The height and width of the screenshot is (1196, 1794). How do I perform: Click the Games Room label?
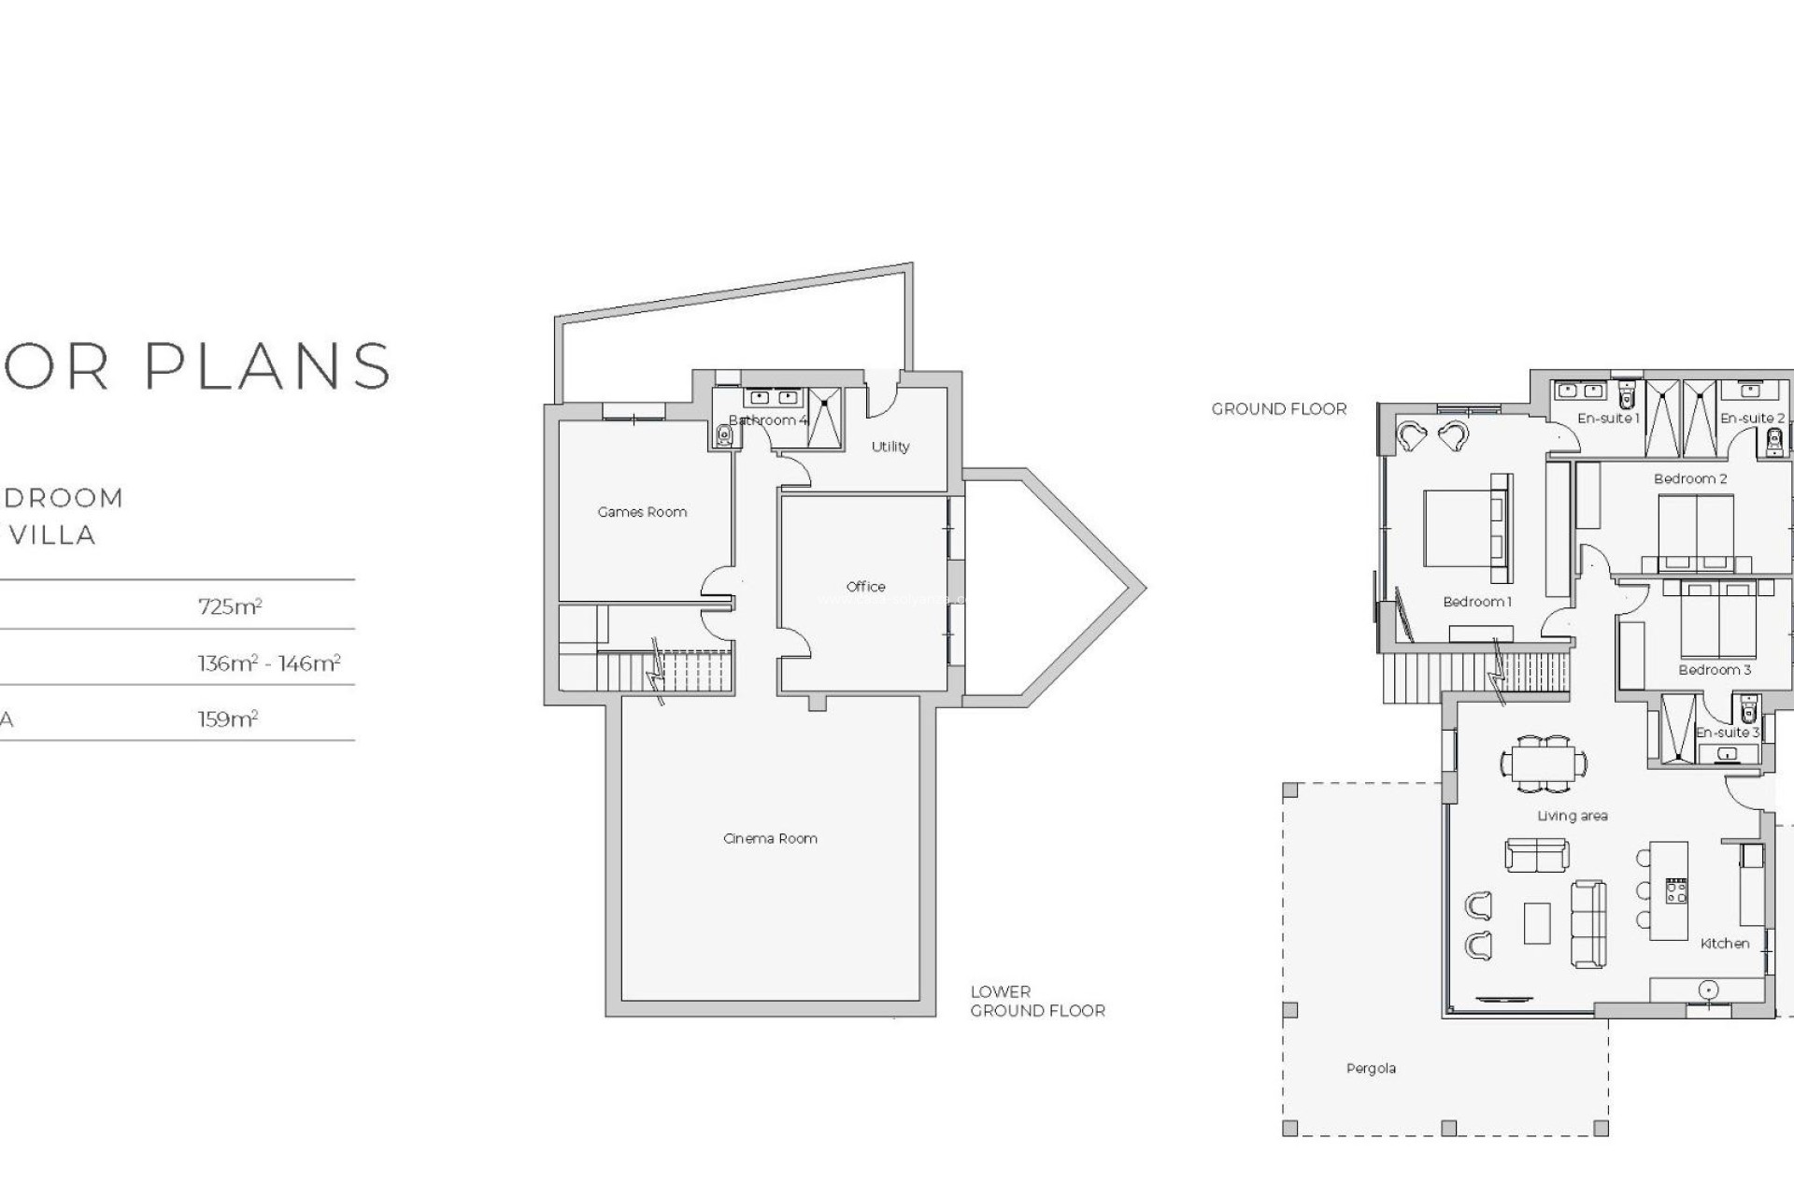tap(642, 512)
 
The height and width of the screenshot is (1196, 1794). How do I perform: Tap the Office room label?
tap(865, 587)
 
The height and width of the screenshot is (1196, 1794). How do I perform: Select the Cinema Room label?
tap(770, 838)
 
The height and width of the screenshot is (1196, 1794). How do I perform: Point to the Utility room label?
tap(890, 447)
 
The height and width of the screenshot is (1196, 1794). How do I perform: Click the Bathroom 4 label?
tap(767, 420)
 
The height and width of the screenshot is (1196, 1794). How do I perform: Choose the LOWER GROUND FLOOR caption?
tap(1037, 1001)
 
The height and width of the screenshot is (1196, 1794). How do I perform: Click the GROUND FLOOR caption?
tap(1279, 408)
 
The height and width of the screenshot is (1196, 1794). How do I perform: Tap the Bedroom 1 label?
tap(1476, 602)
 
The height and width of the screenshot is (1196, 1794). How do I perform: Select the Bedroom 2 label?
tap(1690, 478)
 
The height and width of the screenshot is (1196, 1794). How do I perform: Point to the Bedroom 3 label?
tap(1715, 669)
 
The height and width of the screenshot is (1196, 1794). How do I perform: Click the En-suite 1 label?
tap(1608, 419)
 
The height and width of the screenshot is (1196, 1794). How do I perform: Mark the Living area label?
tap(1573, 816)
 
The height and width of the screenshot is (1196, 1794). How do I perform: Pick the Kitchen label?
tap(1725, 944)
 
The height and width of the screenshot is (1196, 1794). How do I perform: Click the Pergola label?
tap(1371, 1068)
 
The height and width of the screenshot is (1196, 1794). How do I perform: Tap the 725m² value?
tap(230, 606)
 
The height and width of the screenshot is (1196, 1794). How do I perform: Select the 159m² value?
tap(227, 719)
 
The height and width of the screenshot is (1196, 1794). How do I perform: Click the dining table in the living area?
tap(1544, 763)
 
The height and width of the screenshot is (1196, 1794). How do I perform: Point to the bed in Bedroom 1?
tap(1458, 529)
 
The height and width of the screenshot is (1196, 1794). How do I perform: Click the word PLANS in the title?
tap(267, 365)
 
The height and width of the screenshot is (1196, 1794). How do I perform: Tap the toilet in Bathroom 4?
tap(724, 435)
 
